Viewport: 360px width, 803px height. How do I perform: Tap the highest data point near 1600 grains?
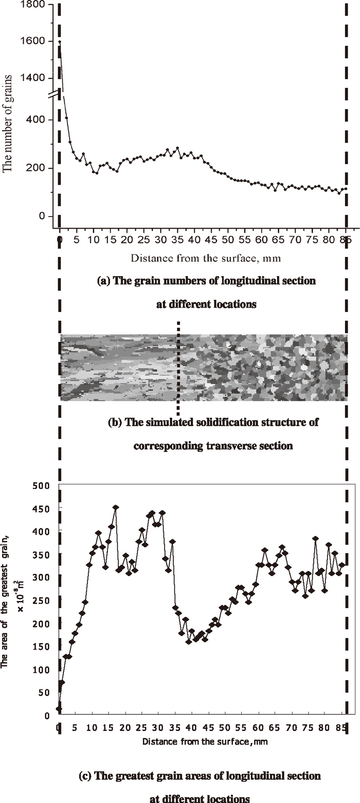(x=60, y=42)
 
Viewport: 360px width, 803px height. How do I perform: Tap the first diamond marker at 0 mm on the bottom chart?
(x=59, y=708)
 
